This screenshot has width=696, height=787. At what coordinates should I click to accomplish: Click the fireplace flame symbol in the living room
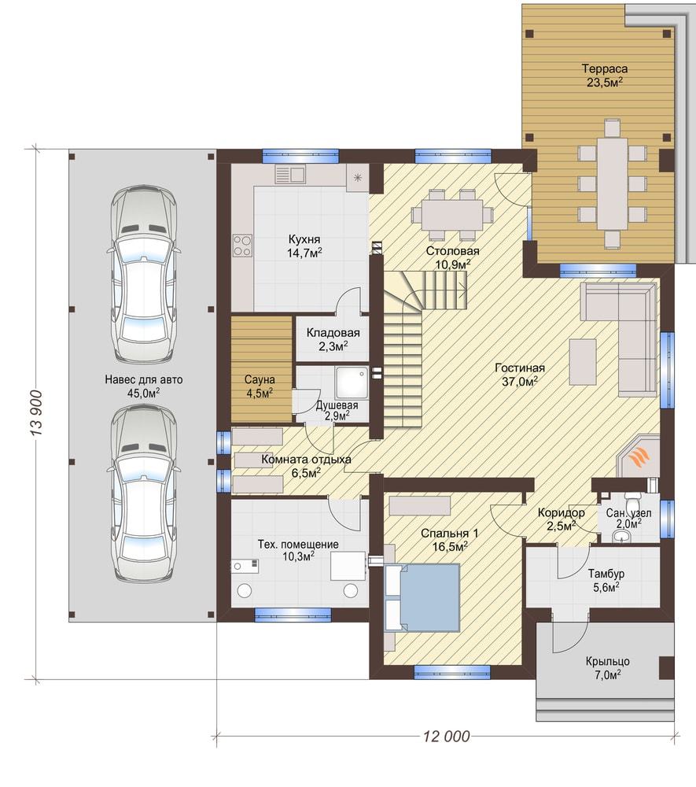[640, 458]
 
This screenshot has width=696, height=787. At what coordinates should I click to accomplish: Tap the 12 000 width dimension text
[446, 737]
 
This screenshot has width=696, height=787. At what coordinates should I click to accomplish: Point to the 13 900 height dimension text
[36, 413]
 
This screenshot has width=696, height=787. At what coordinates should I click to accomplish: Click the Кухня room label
[304, 239]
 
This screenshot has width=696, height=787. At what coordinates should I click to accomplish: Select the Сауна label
[260, 380]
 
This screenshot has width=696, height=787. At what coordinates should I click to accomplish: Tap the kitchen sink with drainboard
[290, 174]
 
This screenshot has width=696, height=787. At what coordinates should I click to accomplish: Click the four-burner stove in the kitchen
[242, 246]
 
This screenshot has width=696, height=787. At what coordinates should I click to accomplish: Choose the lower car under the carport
[143, 494]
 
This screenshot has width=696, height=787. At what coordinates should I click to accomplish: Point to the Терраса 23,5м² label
[605, 76]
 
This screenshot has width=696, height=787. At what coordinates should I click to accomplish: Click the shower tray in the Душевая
[352, 383]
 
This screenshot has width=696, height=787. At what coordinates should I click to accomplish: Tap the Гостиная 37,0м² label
[520, 375]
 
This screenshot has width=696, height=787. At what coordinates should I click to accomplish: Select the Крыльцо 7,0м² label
[608, 668]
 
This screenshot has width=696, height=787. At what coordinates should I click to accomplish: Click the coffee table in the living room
[583, 361]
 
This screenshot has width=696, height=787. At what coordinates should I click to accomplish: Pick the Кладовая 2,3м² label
[333, 338]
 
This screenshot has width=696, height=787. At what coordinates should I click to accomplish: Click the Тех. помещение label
[298, 544]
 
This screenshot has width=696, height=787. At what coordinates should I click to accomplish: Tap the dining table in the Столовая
[451, 214]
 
